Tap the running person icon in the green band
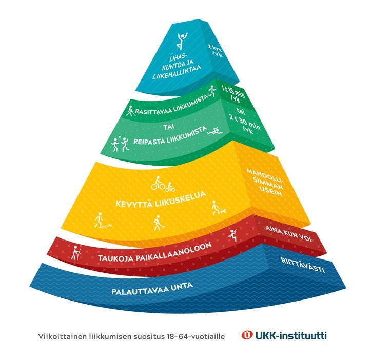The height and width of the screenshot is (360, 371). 209,92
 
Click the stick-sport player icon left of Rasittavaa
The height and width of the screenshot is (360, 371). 130,109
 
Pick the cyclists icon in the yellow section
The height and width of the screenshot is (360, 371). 163,184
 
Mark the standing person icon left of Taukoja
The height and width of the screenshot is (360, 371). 77,253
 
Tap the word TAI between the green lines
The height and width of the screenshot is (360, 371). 166,124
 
